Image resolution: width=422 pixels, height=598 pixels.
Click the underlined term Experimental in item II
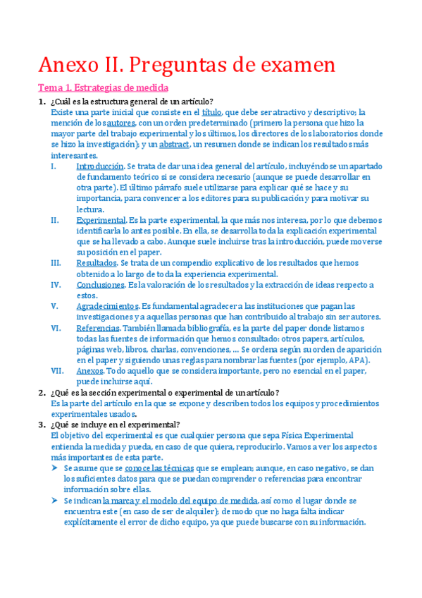click(x=101, y=220)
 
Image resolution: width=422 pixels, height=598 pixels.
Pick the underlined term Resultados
click(x=97, y=262)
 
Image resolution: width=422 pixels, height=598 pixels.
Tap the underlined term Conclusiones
click(x=100, y=284)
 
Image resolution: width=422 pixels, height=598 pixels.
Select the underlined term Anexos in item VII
click(x=89, y=370)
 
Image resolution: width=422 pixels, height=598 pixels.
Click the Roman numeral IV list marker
click(x=56, y=284)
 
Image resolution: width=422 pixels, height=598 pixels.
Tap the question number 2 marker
click(x=42, y=392)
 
